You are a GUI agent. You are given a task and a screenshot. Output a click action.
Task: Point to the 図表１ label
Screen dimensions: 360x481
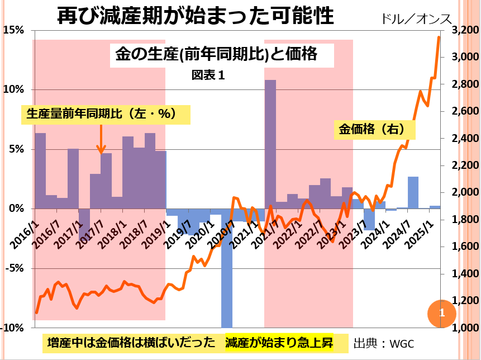pyautogui.click(x=208, y=74)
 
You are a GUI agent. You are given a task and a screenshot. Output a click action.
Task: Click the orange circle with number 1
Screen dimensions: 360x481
pyautogui.click(x=441, y=313)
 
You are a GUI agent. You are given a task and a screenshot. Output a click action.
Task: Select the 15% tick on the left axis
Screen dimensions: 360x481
pyautogui.click(x=14, y=30)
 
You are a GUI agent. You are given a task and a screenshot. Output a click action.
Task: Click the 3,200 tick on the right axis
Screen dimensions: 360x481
pyautogui.click(x=461, y=30)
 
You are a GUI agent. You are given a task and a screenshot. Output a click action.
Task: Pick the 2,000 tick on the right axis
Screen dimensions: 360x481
pyautogui.click(x=461, y=192)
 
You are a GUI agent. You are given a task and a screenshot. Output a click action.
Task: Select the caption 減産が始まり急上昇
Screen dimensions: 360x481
pyautogui.click(x=280, y=343)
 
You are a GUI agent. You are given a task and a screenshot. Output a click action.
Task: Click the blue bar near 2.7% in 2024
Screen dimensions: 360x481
pyautogui.click(x=413, y=192)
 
